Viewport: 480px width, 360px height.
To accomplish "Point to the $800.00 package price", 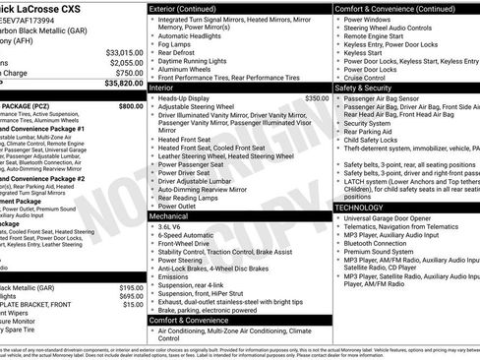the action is point(130,105).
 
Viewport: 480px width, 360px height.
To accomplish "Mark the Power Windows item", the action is point(371,19).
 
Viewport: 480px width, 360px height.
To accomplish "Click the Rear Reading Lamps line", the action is point(187,197).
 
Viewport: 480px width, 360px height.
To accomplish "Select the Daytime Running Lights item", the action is point(192,62).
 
